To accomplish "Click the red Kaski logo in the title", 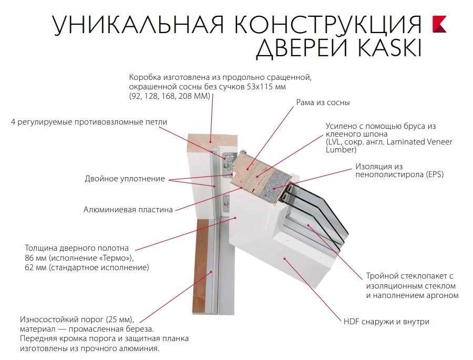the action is point(439,24).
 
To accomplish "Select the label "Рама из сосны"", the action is point(323,103).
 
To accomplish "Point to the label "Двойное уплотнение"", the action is point(125,179).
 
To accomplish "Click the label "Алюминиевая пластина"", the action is point(128,210).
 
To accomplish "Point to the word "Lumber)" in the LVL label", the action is point(341,150).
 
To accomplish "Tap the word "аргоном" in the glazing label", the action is point(443,295).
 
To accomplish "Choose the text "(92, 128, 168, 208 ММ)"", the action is point(169,96).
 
